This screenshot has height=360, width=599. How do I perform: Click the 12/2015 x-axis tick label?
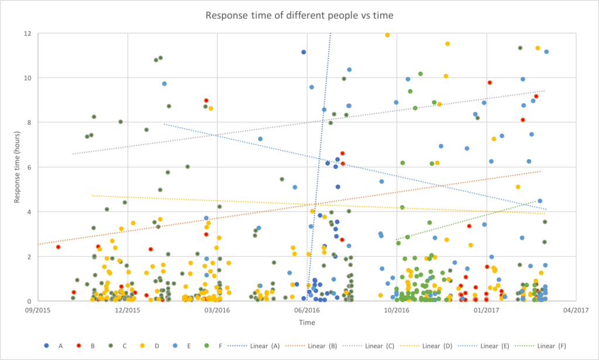[x=128, y=310]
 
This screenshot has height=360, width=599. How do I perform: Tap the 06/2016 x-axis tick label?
[x=306, y=310]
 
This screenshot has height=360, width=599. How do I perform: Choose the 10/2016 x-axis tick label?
[x=395, y=310]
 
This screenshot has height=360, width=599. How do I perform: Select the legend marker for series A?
[x=47, y=345]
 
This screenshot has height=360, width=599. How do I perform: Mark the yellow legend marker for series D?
[x=139, y=345]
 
